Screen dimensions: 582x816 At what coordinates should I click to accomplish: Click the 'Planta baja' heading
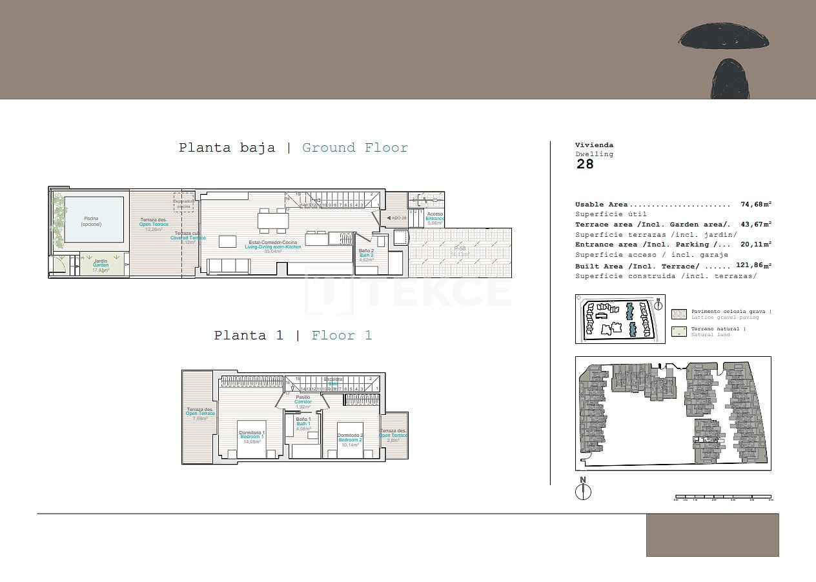227,148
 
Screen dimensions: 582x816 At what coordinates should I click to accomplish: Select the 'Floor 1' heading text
342,336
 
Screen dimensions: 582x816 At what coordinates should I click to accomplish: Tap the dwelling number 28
585,164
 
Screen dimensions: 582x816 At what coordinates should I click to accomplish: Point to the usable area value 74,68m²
756,205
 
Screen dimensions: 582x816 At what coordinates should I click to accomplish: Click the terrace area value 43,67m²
756,224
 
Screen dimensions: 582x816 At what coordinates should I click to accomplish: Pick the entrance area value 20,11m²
756,244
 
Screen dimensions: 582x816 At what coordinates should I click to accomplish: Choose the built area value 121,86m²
753,265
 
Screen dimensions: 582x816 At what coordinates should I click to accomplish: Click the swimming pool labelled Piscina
91,221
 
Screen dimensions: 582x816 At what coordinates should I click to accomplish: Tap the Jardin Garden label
101,265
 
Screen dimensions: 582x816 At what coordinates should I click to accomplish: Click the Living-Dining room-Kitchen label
273,245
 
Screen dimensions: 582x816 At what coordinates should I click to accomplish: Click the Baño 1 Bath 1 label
303,421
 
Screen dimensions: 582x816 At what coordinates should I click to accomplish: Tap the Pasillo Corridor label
303,399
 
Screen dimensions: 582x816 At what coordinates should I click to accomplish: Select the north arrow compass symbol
583,490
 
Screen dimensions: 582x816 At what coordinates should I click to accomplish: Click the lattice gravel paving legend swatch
679,314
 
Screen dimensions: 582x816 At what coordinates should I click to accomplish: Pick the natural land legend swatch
679,332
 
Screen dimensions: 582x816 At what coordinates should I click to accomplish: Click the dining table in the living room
273,221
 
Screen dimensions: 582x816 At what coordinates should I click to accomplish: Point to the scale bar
723,498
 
